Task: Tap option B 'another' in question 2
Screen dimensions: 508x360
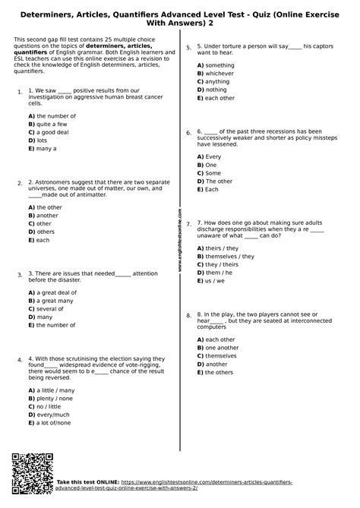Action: tap(45, 216)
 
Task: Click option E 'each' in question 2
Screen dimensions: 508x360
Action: tap(40, 240)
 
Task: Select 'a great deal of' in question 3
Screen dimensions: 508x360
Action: tap(52, 292)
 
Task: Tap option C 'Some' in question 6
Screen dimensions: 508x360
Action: tap(210, 173)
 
